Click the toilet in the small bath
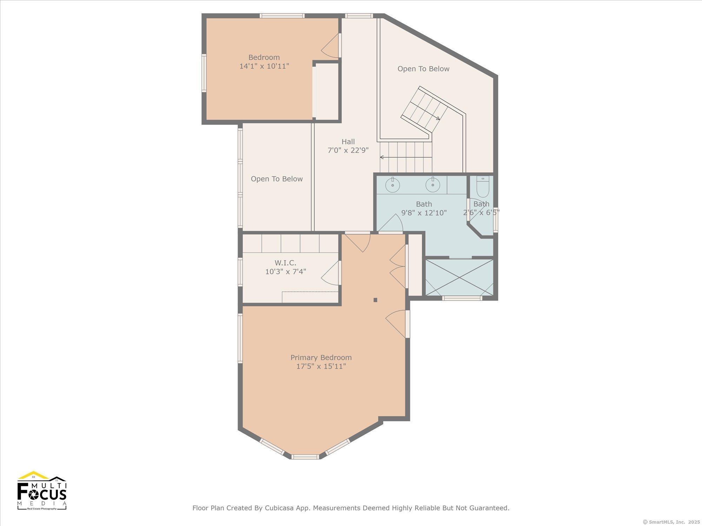tap(483, 187)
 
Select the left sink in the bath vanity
tap(392, 185)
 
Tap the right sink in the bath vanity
tap(433, 185)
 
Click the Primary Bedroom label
tap(321, 358)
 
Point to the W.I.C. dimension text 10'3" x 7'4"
tap(285, 271)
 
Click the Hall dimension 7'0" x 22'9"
tap(348, 150)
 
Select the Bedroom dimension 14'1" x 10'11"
tap(264, 66)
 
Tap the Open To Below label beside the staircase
tap(423, 69)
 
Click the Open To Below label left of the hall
tap(277, 179)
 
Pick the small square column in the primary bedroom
tap(375, 300)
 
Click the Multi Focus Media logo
tap(42, 490)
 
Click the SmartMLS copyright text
tap(671, 522)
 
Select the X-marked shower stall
tap(459, 277)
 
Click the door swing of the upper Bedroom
tap(330, 46)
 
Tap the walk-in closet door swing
tap(330, 273)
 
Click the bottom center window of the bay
tap(305, 457)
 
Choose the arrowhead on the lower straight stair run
tap(382, 157)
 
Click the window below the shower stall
tap(462, 298)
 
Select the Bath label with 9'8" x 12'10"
tap(424, 208)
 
